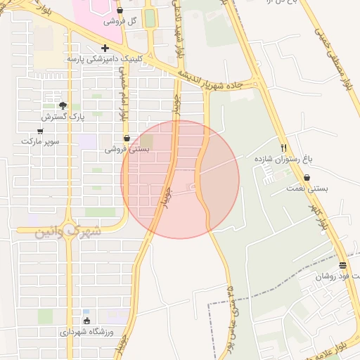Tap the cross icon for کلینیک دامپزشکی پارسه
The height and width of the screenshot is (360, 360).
[105, 49]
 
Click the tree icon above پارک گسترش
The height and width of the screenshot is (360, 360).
[63, 105]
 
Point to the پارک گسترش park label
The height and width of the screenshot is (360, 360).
[63, 116]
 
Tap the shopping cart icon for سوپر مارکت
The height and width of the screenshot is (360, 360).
[39, 131]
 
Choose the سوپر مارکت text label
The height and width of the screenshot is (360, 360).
[40, 141]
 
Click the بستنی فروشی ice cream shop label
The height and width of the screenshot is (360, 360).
[127, 149]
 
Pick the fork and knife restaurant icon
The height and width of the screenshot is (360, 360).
[284, 148]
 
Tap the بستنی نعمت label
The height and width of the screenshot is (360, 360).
[307, 188]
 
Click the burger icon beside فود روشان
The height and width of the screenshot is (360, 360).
[342, 265]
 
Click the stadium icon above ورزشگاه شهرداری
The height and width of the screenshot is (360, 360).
[86, 321]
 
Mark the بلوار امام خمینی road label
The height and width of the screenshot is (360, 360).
[125, 103]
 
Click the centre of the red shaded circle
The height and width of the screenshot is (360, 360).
[180, 179]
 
